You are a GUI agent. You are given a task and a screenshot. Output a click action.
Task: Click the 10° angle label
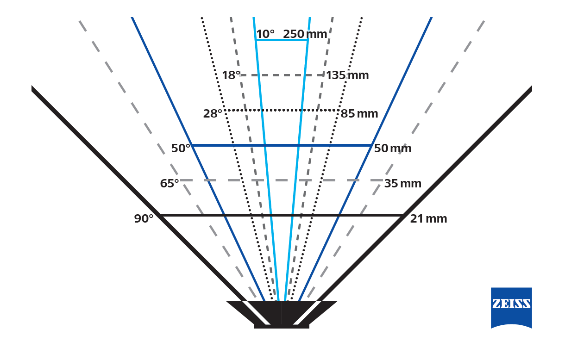265,34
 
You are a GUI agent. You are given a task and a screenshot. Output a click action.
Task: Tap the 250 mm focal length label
305,34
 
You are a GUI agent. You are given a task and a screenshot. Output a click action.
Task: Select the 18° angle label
231,75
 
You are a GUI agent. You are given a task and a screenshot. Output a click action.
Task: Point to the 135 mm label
347,75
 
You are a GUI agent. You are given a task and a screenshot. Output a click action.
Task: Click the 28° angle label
213,114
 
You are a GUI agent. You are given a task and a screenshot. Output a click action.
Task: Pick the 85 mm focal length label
359,114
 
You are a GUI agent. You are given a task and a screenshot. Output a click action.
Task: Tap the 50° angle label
181,148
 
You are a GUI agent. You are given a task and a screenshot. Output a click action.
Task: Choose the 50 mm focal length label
392,148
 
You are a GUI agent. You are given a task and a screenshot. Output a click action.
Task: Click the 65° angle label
169,183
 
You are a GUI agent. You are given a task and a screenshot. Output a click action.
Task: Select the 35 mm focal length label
402,184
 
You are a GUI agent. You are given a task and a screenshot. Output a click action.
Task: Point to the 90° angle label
144,218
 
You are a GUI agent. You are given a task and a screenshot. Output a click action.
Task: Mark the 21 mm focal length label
428,218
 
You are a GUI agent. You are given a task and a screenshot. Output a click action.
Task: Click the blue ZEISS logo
511,308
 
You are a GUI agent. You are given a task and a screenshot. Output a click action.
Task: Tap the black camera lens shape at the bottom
282,315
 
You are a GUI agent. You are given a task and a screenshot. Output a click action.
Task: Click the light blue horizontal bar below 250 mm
282,40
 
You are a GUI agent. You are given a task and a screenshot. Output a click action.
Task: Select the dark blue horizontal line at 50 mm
282,145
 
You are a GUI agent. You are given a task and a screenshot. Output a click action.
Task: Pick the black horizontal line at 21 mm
282,215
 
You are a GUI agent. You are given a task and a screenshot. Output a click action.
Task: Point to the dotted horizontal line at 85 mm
282,110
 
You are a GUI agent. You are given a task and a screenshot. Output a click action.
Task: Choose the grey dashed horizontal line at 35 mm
282,180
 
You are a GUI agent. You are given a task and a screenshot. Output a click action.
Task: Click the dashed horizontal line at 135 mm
282,75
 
